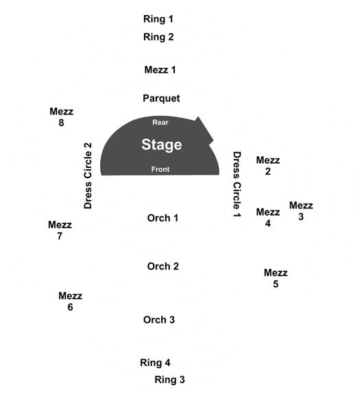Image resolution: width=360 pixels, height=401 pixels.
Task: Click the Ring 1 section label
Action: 158,19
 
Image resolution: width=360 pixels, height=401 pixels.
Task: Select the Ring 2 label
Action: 158,37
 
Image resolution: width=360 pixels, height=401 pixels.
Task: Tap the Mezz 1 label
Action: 160,70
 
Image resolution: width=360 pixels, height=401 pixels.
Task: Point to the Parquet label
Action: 161,99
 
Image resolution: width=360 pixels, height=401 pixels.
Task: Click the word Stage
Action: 162,145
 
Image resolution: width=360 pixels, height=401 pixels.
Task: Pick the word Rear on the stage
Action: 160,123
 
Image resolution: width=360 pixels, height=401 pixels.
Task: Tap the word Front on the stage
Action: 160,169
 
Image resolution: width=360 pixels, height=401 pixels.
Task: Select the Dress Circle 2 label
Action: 88,175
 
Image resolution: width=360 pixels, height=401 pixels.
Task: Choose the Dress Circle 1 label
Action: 237,184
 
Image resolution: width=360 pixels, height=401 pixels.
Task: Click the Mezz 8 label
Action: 62,117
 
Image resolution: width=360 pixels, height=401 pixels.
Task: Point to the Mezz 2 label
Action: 268,166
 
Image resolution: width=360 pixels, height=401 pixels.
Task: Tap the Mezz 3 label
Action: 301,211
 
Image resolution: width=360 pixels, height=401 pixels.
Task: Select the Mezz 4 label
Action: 268,217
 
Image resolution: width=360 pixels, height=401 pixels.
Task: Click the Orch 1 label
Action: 163,218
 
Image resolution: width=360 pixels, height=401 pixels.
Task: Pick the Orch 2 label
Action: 163,267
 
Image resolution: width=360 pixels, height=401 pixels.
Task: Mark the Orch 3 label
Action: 159,320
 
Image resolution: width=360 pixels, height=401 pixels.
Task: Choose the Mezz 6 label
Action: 71,301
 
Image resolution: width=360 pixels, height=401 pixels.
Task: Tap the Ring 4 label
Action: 155,363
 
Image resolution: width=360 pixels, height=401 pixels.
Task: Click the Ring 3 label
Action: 169,380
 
